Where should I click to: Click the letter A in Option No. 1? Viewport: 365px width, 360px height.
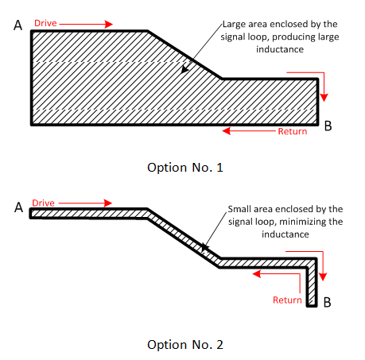tap(17, 25)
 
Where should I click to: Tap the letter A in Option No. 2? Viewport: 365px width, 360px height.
tap(17, 207)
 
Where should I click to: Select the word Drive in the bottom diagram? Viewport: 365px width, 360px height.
tap(44, 203)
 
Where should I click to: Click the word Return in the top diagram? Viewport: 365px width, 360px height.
tap(292, 131)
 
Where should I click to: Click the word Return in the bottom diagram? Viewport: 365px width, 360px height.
tap(287, 300)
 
